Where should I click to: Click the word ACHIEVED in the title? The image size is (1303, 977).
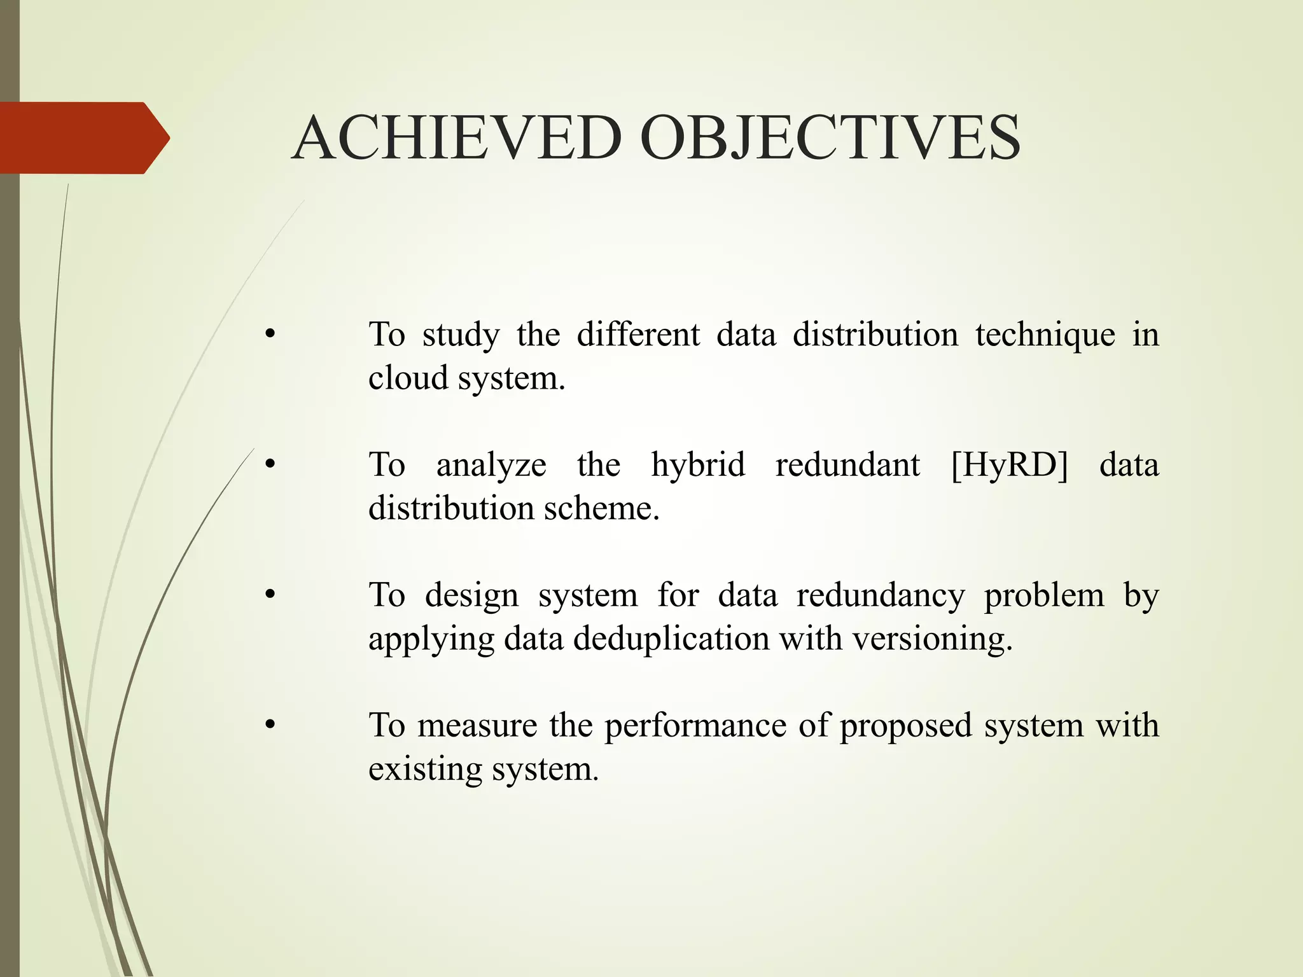457,138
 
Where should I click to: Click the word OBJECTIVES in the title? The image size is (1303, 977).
830,138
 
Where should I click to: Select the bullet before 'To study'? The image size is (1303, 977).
270,335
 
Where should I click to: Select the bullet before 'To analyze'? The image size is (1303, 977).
270,465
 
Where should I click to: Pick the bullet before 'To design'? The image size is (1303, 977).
270,595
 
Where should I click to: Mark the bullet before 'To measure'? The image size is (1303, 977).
270,725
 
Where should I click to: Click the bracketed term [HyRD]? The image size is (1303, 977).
1010,464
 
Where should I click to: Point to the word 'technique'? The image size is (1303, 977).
1045,335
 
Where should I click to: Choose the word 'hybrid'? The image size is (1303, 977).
698,464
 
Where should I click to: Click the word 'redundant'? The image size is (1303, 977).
847,464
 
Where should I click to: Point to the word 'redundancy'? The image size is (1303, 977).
881,595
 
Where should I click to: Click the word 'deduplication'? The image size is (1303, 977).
671,639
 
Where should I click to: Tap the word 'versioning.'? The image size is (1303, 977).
932,639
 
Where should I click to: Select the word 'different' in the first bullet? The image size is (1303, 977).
638,335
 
